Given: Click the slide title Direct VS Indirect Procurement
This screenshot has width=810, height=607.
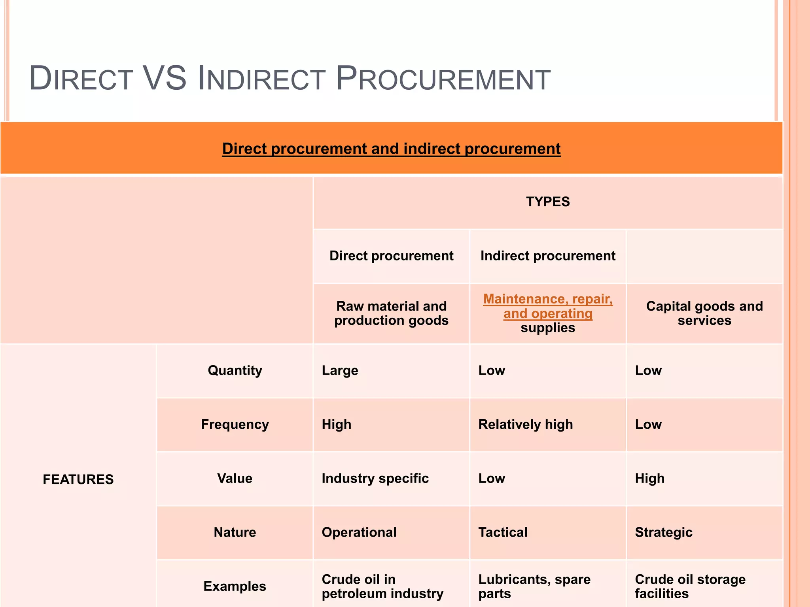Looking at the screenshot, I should pos(290,79).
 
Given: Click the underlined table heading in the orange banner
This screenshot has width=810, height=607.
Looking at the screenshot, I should pos(391,149).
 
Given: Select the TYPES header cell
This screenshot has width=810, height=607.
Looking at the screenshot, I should pos(548,202).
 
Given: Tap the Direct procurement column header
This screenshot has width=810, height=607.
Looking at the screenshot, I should pos(391,256).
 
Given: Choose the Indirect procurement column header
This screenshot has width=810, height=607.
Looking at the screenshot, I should pos(548,256).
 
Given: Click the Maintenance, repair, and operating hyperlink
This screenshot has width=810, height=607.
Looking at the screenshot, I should pos(548,306).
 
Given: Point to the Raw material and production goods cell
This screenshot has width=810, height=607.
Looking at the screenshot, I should pos(391,313).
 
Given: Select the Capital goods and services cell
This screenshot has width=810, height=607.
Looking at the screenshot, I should pos(704,313).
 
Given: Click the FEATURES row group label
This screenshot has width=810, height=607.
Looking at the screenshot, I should pos(78,479).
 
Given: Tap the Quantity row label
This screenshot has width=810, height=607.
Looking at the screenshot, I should pos(235,370).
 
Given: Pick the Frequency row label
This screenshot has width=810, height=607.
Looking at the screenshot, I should pos(235,424).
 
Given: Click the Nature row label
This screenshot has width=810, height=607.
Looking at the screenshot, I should pos(235,532).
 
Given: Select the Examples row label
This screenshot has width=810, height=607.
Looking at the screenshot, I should pos(235,586).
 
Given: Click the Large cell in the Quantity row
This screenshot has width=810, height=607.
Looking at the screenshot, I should pos(340,370).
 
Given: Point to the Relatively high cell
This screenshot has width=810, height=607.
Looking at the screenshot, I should pos(526,424).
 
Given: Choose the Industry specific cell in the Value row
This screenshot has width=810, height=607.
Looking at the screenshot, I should pos(375,479).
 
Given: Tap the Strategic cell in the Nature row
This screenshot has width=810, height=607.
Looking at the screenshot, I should pos(664,532).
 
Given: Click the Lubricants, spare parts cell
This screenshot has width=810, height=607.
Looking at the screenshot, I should pos(534,586).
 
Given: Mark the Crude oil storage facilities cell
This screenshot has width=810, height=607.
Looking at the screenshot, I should pos(690,586).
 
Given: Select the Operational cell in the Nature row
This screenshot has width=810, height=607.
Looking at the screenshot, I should pos(359,532).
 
